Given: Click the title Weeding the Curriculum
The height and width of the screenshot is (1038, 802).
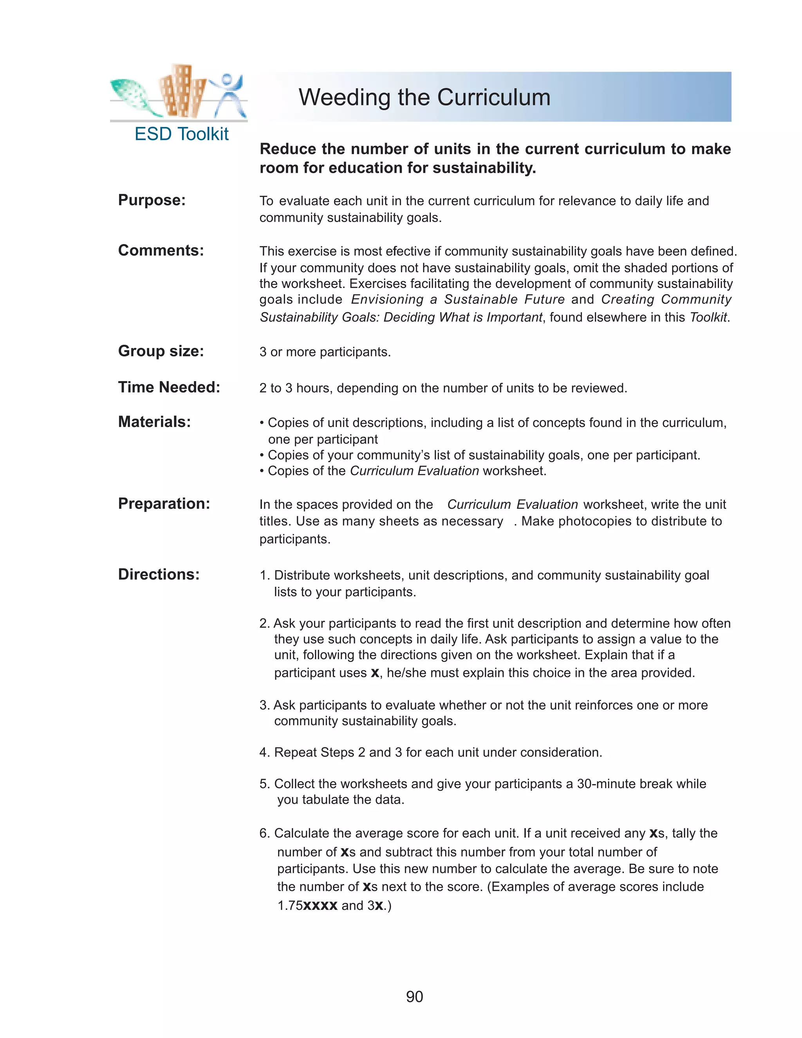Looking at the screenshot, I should coord(424,97).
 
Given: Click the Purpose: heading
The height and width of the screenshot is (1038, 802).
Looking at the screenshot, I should coord(152,200).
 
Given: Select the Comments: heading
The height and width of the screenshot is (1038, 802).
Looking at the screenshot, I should coord(161,250).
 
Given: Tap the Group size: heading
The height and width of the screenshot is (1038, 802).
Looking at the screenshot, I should coord(161,351).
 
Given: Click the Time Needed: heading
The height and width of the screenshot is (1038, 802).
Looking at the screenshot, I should coord(169,387).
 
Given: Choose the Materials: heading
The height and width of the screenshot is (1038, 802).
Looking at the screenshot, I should coord(154,422).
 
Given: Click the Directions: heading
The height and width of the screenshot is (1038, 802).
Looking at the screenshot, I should coord(159,575).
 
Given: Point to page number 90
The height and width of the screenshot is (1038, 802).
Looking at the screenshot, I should coord(414,996).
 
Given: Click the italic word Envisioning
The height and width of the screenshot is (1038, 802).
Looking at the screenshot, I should coord(387,299).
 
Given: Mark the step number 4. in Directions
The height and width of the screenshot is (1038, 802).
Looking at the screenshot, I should coord(265,752).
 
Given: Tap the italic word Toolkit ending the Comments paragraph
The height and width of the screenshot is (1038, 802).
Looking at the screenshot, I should coord(708,318).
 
